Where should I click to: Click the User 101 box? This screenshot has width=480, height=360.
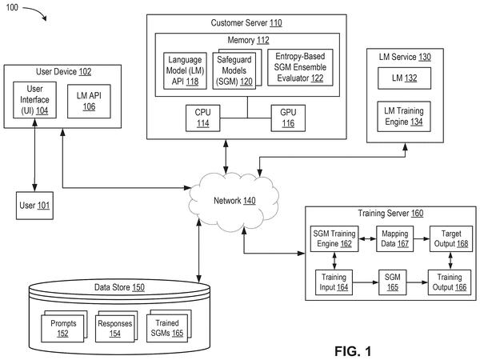coord(34,206)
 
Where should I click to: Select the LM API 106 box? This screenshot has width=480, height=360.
coord(89,102)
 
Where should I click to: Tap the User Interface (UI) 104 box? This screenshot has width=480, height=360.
coord(34,100)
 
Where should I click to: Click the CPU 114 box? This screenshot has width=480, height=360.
coord(202,118)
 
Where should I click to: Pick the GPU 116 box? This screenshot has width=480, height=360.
coord(288,118)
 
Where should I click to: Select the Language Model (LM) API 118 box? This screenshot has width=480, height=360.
coord(185,70)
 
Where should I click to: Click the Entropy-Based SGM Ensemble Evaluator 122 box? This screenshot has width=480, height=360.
coord(300,67)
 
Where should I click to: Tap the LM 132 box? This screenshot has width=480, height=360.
coord(404,78)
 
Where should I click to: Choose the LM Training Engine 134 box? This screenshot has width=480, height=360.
coord(404,117)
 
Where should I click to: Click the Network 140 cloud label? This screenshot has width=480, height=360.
coord(234,201)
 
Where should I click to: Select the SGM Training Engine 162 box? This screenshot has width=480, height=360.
coord(334,238)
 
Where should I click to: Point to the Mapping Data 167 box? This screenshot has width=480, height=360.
coord(394,238)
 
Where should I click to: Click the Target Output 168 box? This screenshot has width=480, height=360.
coord(451,238)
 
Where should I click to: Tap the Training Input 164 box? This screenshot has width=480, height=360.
coord(334,282)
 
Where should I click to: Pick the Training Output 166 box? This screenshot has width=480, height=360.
coord(450,282)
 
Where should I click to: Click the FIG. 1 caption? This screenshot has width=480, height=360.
coord(353,351)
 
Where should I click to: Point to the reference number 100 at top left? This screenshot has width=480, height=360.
coord(12,7)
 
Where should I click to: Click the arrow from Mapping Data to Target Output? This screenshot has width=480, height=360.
coord(422,238)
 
